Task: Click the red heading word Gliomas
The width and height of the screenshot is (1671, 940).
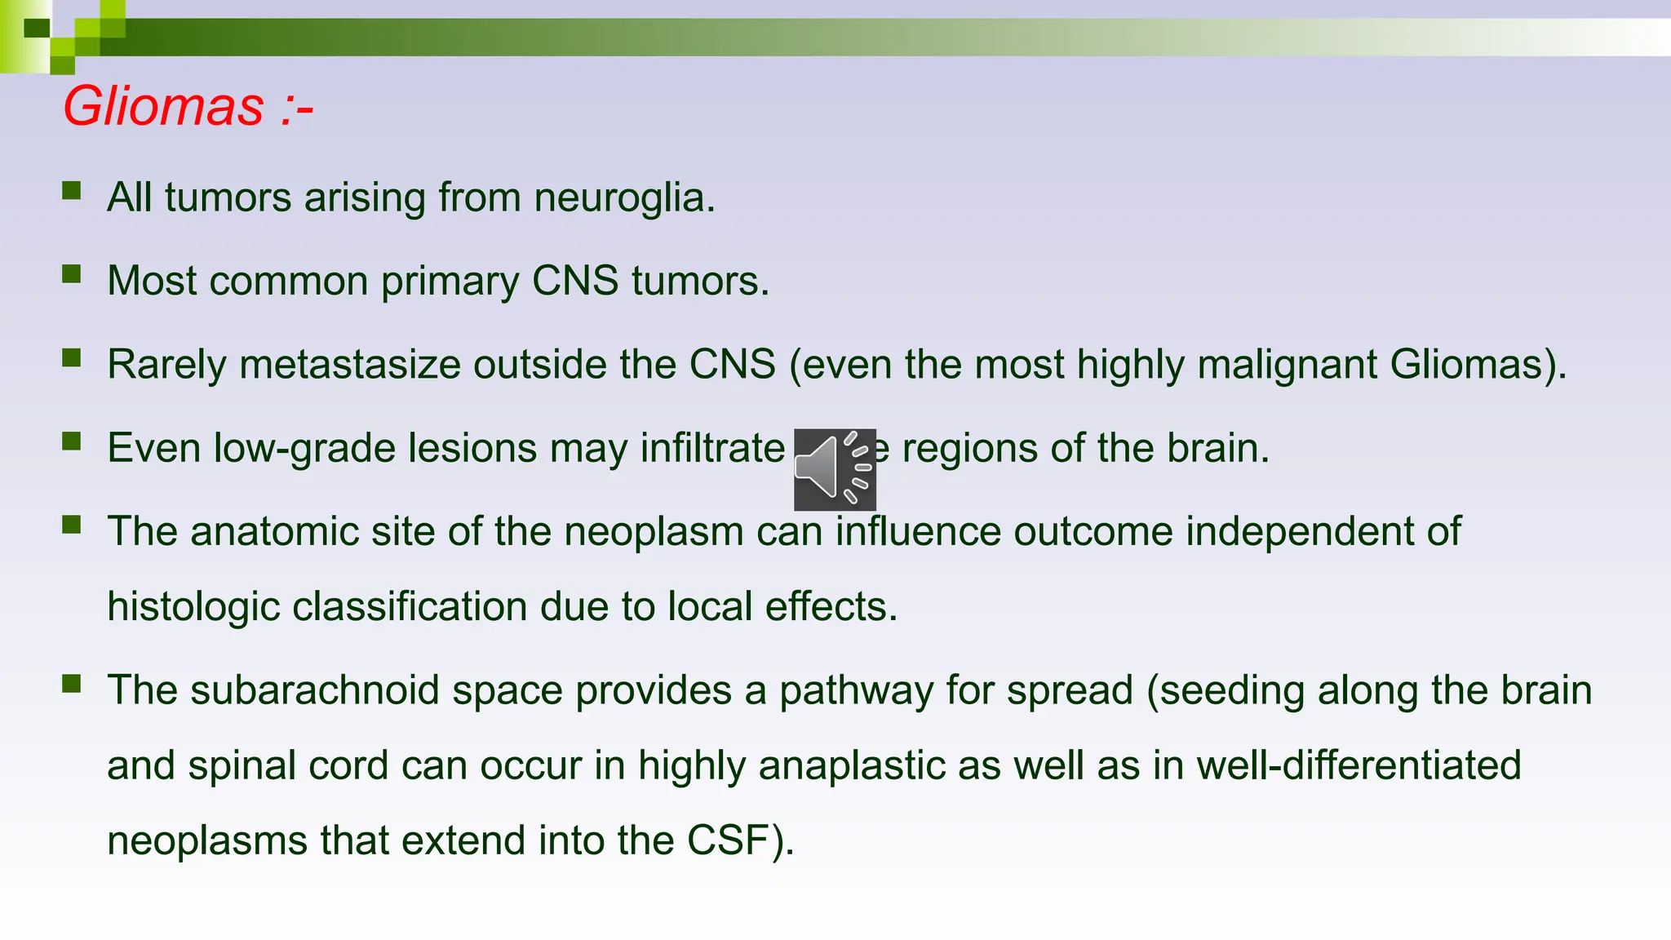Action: pyautogui.click(x=163, y=107)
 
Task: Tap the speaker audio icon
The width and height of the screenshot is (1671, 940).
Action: pyautogui.click(x=834, y=469)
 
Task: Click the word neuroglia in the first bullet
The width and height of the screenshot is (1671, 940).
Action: pyautogui.click(x=624, y=198)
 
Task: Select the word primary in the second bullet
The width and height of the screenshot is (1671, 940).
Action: pyautogui.click(x=450, y=282)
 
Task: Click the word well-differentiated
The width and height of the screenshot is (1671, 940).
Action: pyautogui.click(x=1358, y=766)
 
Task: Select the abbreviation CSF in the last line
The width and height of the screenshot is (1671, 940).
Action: pyautogui.click(x=727, y=841)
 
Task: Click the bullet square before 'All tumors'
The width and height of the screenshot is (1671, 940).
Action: pyautogui.click(x=72, y=190)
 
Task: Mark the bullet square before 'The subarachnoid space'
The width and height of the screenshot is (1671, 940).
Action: pyautogui.click(x=72, y=683)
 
